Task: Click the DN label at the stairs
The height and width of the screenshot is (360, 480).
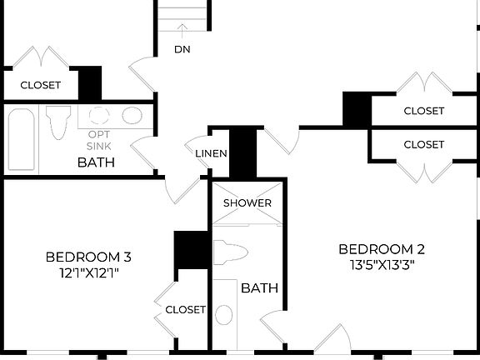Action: click(182, 49)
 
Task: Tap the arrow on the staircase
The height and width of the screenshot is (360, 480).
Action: click(182, 30)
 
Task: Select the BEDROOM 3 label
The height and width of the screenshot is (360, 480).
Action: click(87, 257)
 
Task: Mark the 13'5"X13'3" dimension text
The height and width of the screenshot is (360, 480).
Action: click(382, 265)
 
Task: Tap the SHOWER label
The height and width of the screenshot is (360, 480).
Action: click(247, 203)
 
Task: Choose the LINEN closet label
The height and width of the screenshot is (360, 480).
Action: click(211, 154)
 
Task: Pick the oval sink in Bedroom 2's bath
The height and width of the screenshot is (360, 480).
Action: click(224, 315)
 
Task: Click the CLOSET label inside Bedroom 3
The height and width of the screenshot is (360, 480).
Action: click(185, 309)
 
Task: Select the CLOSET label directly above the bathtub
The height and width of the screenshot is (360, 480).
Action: click(40, 84)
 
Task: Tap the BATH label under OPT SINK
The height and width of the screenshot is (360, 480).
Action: click(96, 162)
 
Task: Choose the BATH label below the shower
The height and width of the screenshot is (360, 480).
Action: click(259, 288)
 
